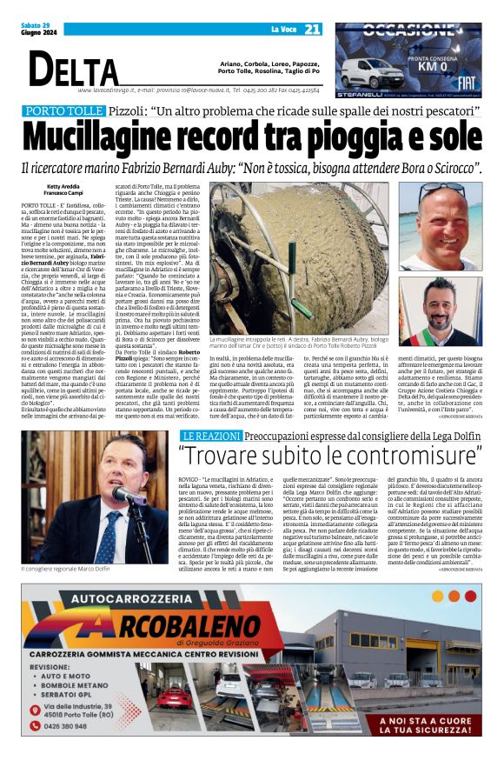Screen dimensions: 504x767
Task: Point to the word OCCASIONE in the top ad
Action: click(x=407, y=30)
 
